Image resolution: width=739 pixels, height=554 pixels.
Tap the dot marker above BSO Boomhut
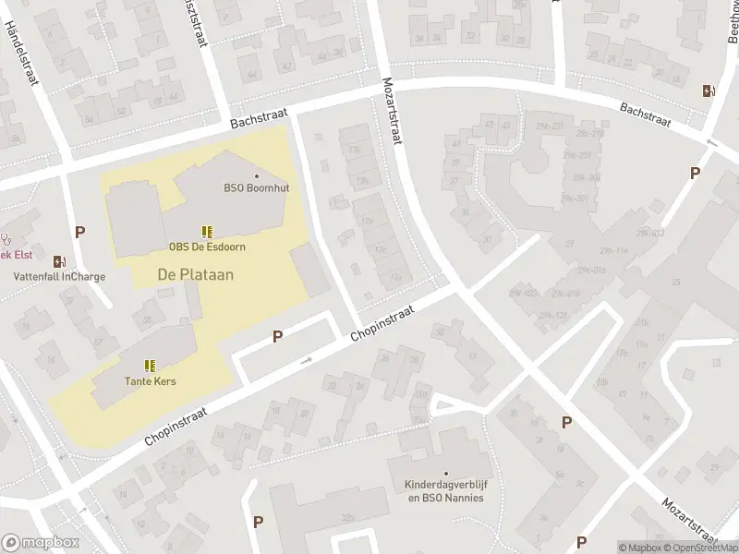coord(257,175)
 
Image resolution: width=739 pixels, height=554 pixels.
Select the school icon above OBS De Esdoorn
coord(207,232)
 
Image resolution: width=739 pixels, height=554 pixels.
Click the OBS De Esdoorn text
coord(207,247)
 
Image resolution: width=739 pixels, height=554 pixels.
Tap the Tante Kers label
coord(151,381)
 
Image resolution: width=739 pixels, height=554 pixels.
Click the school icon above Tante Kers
coord(150,366)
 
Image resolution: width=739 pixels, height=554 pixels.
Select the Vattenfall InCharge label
coord(59,276)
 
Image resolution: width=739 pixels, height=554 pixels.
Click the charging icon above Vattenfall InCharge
coord(60,261)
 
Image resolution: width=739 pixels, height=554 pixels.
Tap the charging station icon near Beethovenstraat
coord(709,90)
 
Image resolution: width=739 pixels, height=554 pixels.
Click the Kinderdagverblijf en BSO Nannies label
coord(444,491)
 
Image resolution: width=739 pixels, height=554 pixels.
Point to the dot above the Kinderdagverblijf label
coord(445,473)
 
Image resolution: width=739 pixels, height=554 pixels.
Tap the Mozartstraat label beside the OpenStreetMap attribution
coord(689,519)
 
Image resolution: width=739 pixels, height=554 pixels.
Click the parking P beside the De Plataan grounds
coord(277,337)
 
